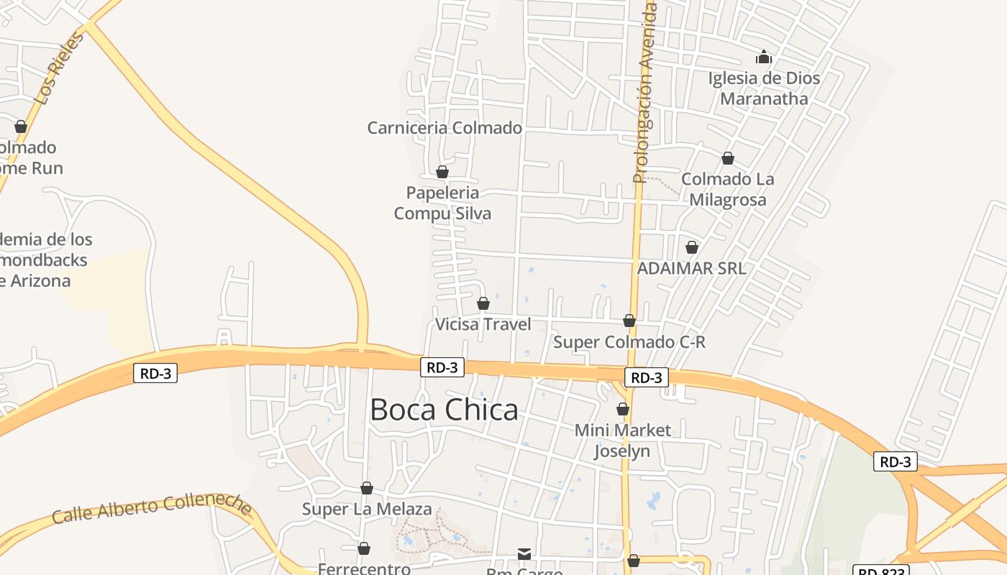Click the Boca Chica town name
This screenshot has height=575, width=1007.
point(444,410)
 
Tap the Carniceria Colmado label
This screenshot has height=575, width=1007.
point(445,128)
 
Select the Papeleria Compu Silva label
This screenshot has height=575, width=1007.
point(442,203)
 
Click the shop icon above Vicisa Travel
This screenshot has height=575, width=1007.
point(483,303)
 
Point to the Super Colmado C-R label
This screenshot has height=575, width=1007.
point(629,342)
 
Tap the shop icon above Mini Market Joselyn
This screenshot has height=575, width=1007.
point(623,409)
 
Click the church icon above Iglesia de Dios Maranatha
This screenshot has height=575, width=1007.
point(764,57)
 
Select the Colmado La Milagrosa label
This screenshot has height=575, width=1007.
point(728,190)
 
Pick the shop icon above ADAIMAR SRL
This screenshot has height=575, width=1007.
point(692,247)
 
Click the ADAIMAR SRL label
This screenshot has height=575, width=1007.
point(692,268)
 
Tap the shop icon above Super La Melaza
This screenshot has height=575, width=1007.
point(367,489)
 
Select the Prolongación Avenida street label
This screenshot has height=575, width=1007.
point(645,93)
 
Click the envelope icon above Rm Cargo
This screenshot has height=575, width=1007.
point(524,553)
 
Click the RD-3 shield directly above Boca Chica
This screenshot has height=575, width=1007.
point(442,367)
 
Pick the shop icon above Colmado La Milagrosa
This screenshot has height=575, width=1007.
point(728,158)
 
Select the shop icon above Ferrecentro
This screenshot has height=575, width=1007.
point(364,549)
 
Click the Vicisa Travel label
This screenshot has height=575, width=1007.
point(483,324)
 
